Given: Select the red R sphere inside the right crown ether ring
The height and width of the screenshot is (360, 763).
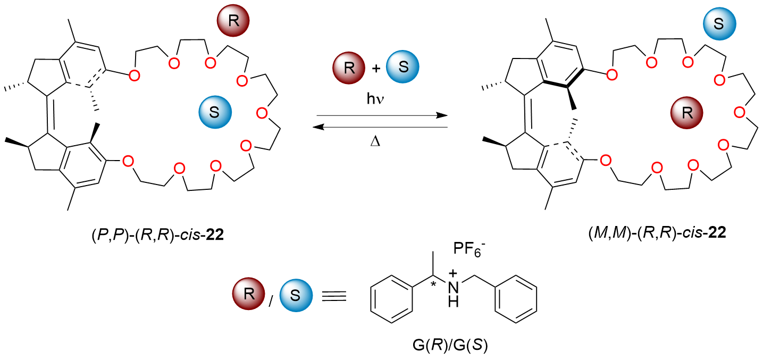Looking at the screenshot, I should (686, 113).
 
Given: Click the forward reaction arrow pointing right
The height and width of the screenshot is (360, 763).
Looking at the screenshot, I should (381, 115).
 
